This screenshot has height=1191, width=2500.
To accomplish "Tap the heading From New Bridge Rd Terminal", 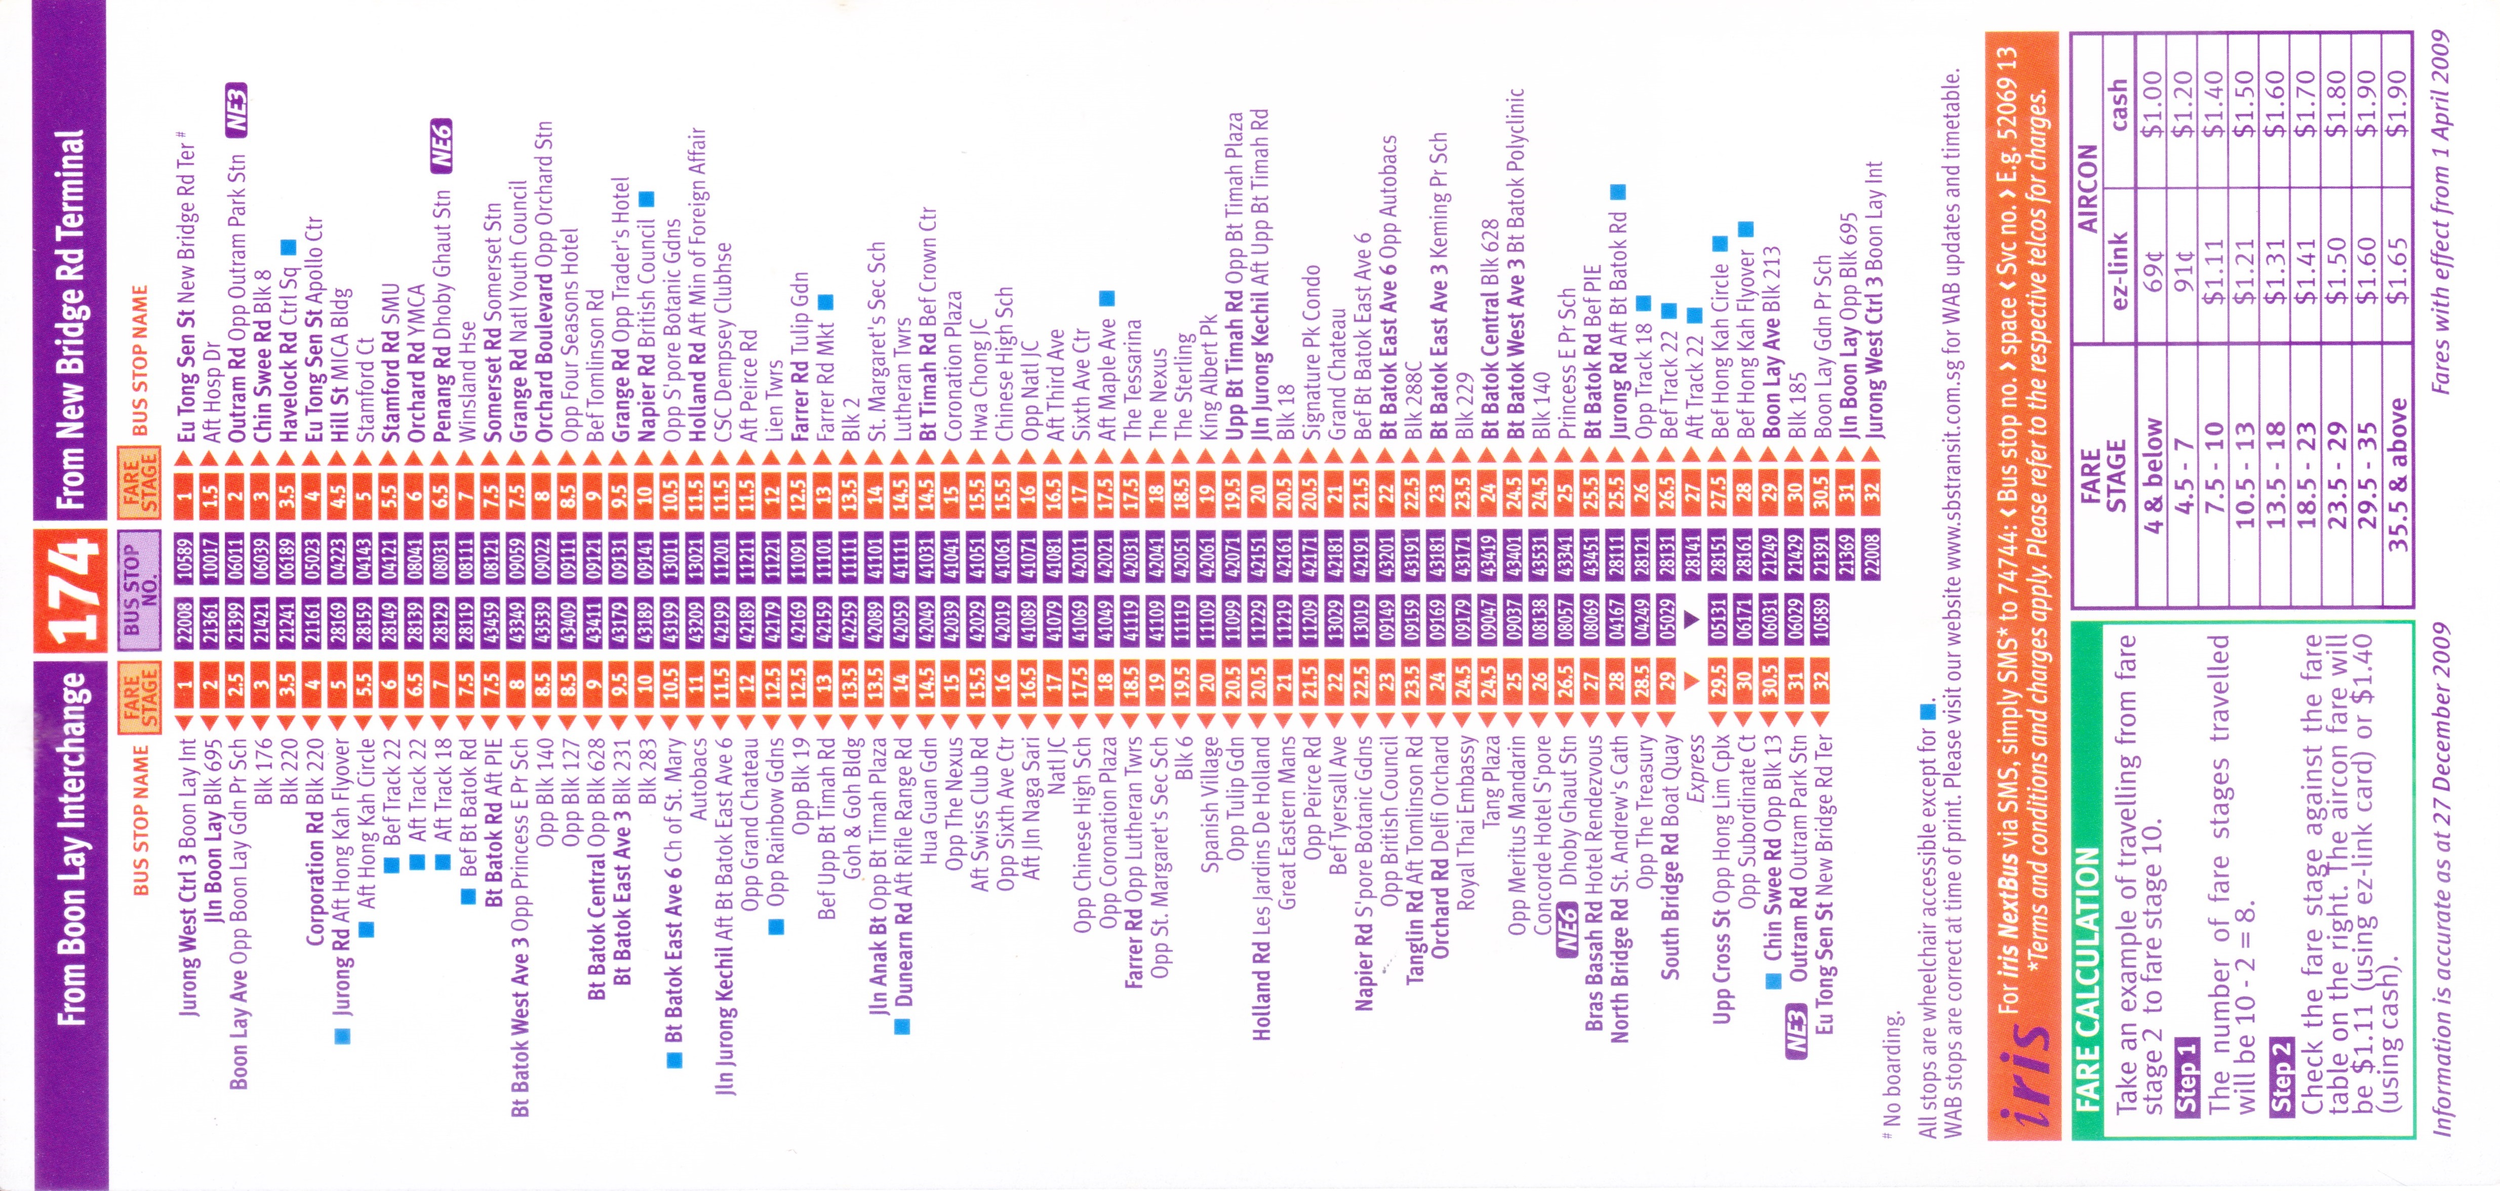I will click(x=70, y=321).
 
